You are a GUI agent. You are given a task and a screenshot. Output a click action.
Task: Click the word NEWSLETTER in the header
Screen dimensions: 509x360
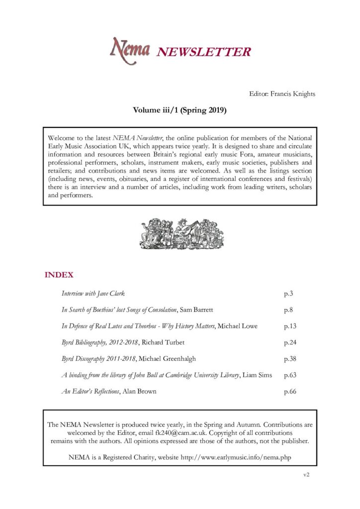204,52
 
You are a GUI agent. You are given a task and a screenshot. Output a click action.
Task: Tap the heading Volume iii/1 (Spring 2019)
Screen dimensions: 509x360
180,110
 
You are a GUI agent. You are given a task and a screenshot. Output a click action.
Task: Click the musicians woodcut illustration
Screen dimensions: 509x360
180,233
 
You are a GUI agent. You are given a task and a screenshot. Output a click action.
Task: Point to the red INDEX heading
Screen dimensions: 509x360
59,275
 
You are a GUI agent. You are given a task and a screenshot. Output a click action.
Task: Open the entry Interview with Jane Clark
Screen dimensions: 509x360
93,294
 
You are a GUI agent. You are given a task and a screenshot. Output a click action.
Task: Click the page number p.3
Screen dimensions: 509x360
288,294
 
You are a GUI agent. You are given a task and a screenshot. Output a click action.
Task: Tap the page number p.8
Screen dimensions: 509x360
288,310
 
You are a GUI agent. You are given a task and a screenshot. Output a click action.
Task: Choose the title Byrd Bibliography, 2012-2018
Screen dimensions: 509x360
102,342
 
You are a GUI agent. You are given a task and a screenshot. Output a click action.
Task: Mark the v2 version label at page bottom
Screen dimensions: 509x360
306,475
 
